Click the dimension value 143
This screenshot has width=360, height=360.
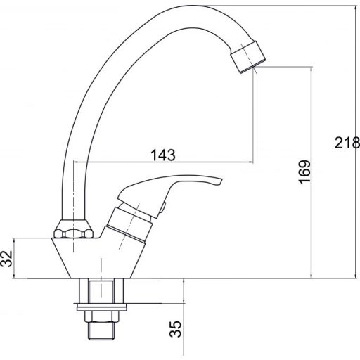pyautogui.click(x=163, y=155)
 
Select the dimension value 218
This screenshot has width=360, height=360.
pyautogui.click(x=347, y=143)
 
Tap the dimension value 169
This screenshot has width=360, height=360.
pyautogui.click(x=305, y=172)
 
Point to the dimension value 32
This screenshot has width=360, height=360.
pyautogui.click(x=6, y=259)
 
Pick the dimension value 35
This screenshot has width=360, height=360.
pyautogui.click(x=176, y=329)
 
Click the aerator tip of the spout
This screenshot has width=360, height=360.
pyautogui.click(x=247, y=57)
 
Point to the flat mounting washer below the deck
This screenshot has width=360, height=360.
pyautogui.click(x=101, y=307)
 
